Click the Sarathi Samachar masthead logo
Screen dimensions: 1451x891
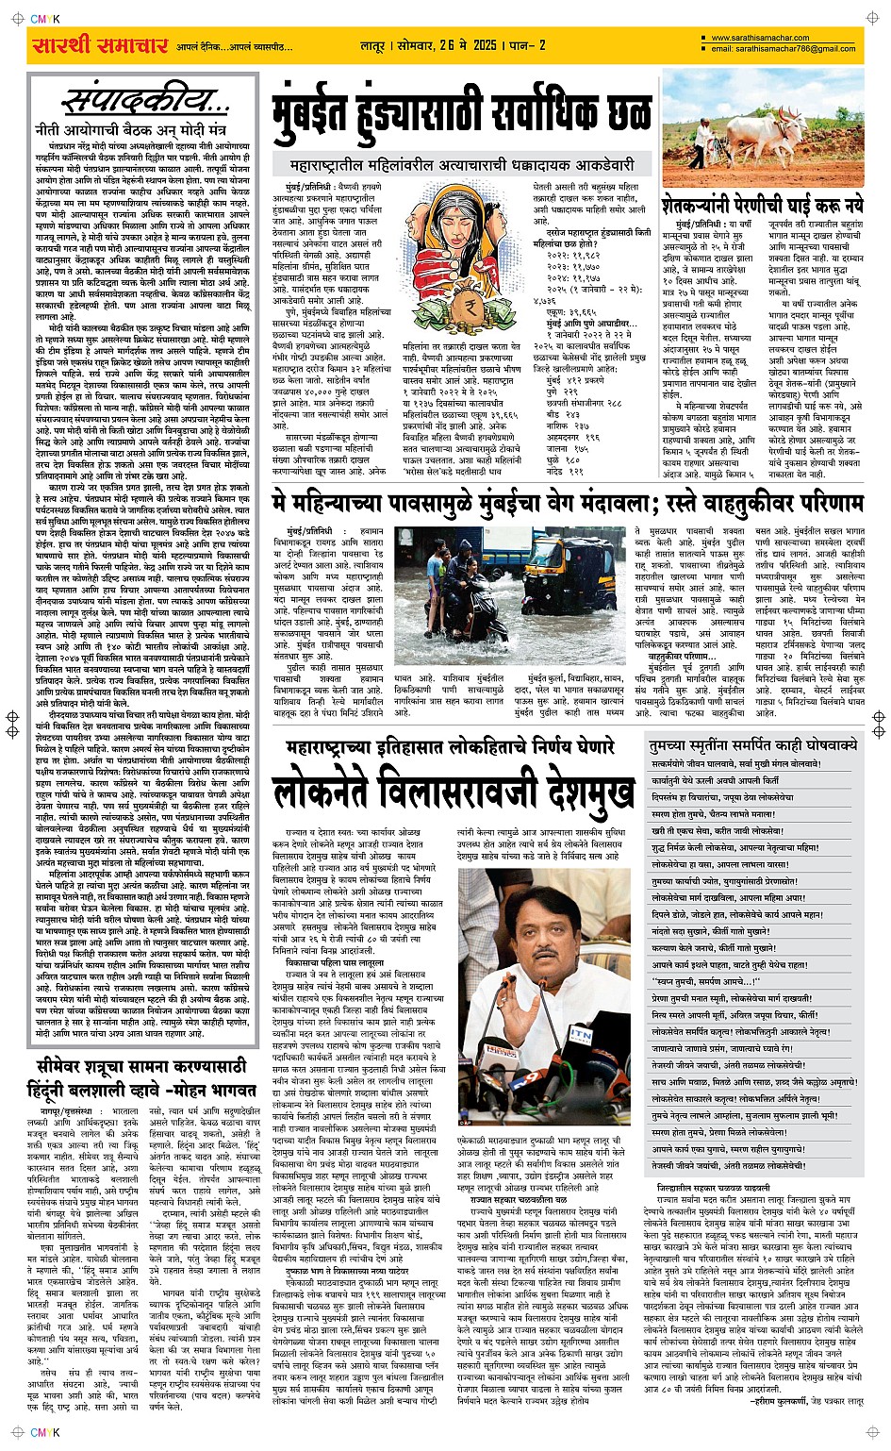coord(100,45)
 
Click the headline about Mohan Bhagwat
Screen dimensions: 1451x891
coord(140,1077)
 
